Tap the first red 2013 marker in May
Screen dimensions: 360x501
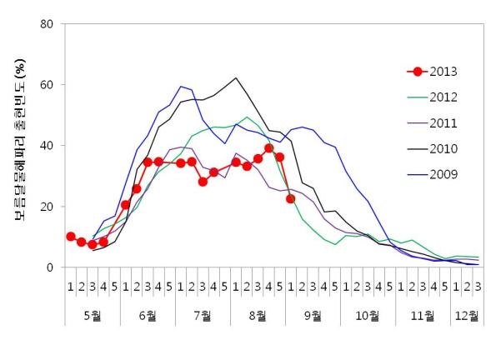point(71,237)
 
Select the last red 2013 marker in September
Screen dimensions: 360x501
point(291,199)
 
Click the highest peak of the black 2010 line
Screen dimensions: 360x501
point(236,78)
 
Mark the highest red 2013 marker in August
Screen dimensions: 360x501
point(269,148)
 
